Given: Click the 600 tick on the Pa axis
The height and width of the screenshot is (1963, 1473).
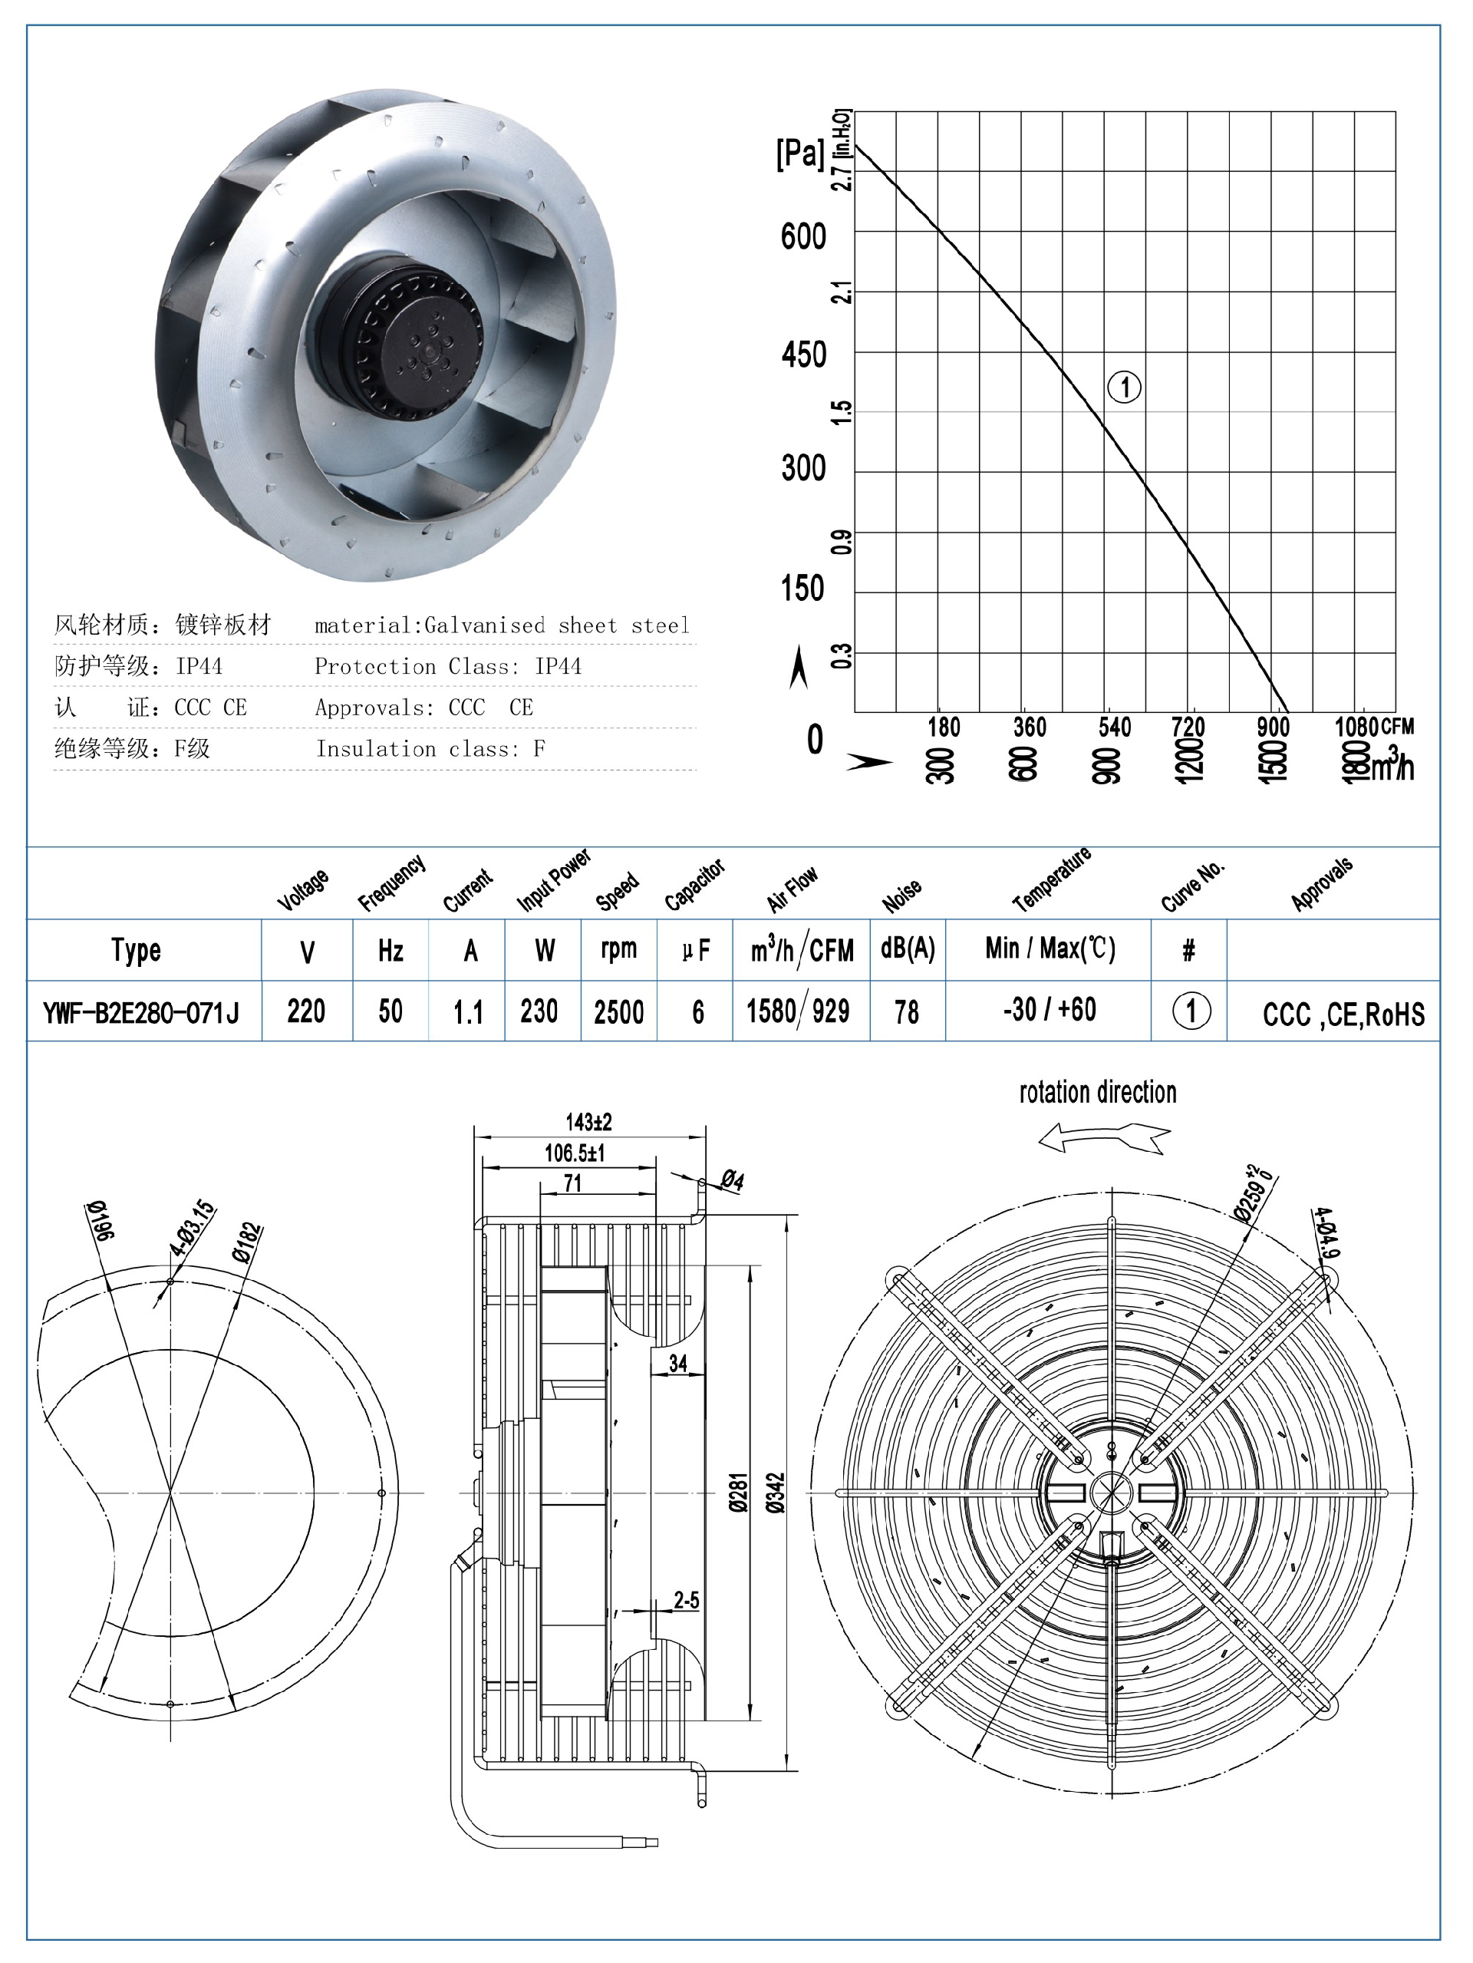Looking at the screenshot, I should point(803,237).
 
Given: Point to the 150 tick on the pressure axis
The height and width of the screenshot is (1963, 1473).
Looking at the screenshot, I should point(802,589).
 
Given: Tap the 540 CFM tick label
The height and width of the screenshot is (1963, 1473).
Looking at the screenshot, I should point(1115,727).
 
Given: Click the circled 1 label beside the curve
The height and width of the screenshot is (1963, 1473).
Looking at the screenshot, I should point(1124,387).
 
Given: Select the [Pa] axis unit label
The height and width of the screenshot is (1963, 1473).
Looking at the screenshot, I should point(799,153).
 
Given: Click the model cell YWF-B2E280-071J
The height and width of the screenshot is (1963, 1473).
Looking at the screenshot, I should point(142,1011).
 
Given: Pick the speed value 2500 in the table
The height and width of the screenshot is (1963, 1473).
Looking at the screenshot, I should point(618,1011).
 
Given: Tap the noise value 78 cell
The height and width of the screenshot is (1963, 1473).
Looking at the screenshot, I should point(907,1011).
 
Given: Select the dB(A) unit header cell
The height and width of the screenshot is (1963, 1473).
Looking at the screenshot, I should point(907,949).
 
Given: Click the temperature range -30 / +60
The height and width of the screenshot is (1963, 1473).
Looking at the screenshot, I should point(1049,1010).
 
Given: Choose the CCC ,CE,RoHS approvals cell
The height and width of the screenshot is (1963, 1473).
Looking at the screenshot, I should point(1343,1014).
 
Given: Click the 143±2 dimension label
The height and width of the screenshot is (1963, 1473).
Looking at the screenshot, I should point(588,1122).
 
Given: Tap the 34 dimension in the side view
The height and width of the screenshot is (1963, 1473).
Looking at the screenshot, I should point(678,1363).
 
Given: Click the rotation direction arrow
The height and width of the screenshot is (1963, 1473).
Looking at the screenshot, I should point(1104,1137).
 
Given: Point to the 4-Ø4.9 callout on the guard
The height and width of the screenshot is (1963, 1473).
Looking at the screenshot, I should point(1326,1232).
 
